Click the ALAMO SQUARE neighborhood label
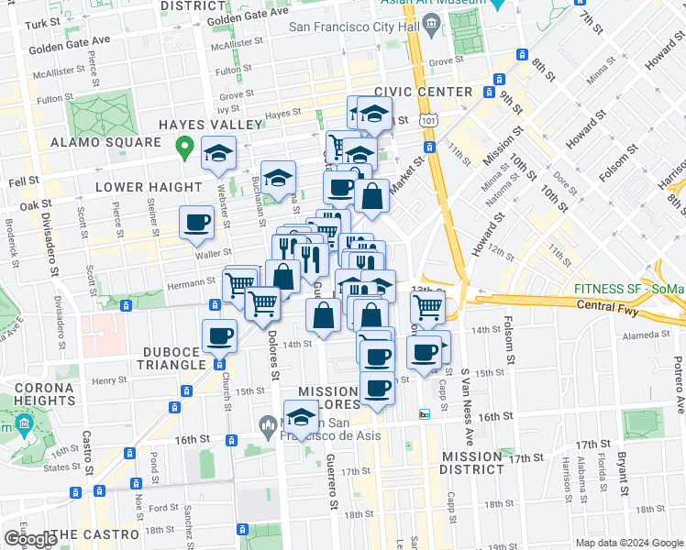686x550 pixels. coord(105,143)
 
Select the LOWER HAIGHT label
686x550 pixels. coord(139,187)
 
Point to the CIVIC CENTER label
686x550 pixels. coord(424,92)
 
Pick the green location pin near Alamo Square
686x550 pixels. coord(183,145)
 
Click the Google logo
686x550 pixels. coord(30,539)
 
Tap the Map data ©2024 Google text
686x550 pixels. coord(628,543)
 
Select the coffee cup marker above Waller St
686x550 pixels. coord(198,222)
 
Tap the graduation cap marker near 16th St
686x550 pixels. coord(300,418)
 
